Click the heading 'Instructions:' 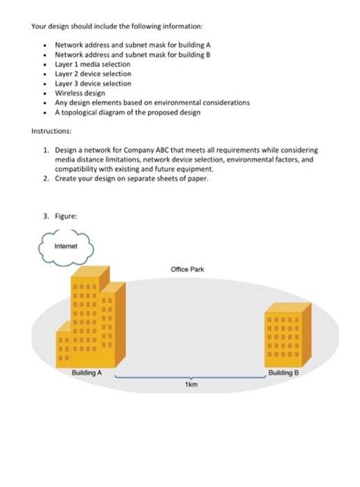click(x=51, y=131)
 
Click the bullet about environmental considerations click(x=152, y=103)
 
